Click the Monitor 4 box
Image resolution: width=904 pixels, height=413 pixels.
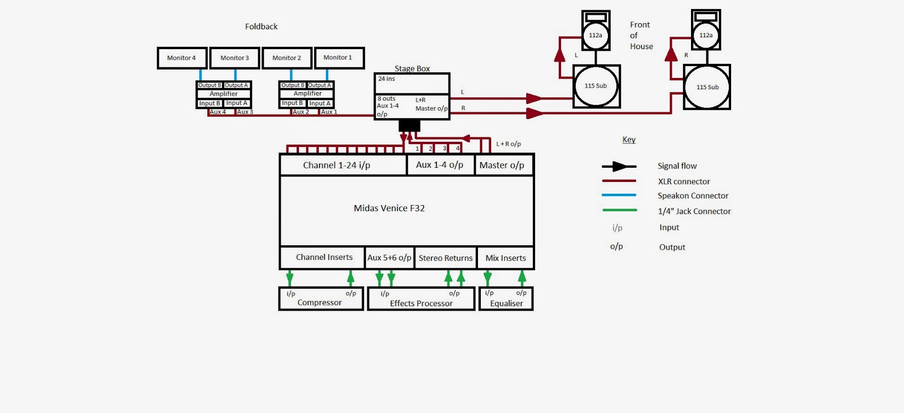pos(182,58)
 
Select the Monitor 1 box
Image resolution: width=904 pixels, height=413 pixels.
pos(339,58)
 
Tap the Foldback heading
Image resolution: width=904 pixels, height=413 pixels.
pos(261,27)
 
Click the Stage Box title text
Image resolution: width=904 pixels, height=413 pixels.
pos(412,68)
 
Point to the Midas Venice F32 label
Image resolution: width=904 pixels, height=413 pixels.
pos(389,208)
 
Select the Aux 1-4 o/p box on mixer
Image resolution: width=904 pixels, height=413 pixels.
pos(440,165)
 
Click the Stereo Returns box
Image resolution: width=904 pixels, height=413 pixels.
pos(445,258)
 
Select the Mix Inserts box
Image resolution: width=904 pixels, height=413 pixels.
pos(506,258)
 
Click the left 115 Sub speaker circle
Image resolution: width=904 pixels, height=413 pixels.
pos(596,86)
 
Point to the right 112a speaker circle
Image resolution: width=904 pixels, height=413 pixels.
pos(706,35)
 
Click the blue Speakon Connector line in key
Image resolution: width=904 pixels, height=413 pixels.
pos(619,195)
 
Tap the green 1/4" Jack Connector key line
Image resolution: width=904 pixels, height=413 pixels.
pos(619,210)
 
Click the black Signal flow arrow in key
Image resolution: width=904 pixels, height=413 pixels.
pos(619,166)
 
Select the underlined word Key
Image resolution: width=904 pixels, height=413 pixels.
pos(629,140)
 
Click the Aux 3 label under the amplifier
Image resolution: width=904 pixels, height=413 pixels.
pos(245,112)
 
